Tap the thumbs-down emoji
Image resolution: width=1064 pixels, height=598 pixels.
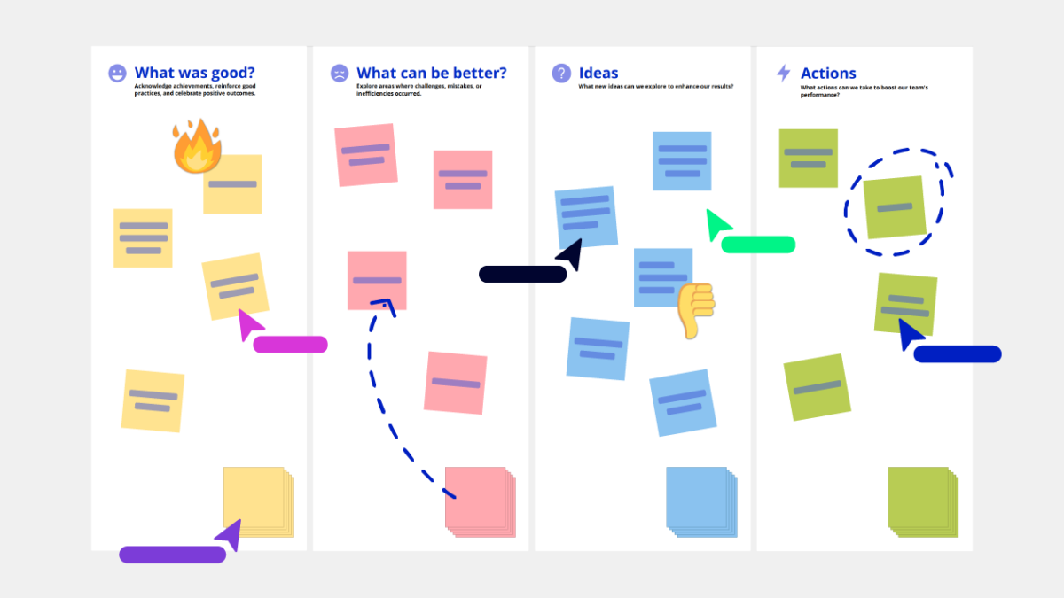point(696,311)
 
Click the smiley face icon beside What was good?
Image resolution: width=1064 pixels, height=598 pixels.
point(117,73)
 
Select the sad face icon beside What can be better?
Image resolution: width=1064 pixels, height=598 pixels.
point(339,73)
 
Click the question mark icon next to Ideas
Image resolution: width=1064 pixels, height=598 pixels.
point(561,73)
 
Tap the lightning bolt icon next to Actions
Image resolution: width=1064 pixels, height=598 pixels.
point(784,73)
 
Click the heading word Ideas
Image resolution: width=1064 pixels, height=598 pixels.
point(598,73)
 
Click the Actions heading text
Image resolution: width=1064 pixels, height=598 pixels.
point(828,73)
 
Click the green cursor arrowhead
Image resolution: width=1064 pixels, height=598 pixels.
point(717,224)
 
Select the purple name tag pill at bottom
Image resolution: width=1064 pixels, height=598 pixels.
point(172,555)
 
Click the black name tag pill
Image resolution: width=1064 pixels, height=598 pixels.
point(522,275)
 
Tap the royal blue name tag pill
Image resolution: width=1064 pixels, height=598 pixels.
point(958,354)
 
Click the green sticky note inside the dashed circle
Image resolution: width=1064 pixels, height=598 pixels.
point(895,207)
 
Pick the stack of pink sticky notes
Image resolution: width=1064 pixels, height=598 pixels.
point(481,502)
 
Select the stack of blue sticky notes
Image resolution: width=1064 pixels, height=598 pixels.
point(701,502)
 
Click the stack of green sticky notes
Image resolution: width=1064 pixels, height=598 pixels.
point(923,502)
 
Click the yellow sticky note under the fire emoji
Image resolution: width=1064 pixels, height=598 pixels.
point(232,184)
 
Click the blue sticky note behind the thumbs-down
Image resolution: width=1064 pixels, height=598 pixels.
point(663,277)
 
